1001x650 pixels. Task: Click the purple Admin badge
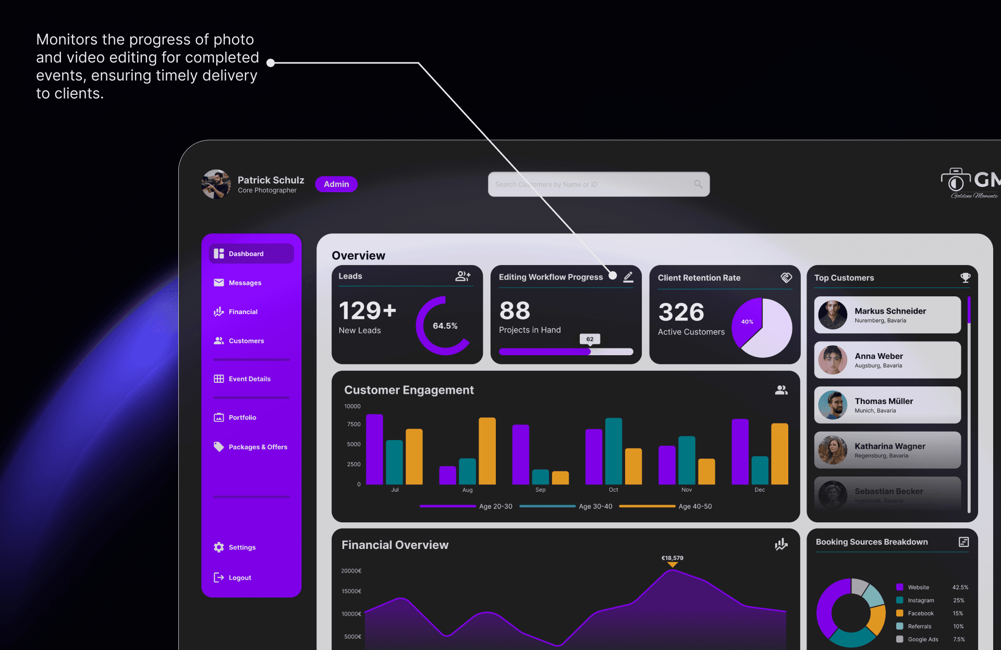pos(336,184)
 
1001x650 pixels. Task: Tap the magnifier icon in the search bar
pos(698,184)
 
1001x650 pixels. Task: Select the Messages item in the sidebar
pos(245,283)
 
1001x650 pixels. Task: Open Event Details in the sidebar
pos(249,379)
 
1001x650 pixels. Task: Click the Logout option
pos(239,578)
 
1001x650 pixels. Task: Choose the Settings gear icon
pos(219,547)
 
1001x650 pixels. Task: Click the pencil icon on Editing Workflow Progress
pos(628,277)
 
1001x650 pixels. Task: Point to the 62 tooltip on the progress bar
pos(590,339)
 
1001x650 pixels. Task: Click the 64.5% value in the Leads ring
pos(445,326)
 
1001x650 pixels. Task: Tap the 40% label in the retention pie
pos(747,322)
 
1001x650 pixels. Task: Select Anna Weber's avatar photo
pos(833,360)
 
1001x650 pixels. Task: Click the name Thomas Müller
pos(884,401)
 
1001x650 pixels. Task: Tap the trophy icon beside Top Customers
pos(966,278)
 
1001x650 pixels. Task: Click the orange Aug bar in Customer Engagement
pos(487,451)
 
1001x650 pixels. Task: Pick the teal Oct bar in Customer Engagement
pos(614,451)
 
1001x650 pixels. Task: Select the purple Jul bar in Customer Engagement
pos(374,449)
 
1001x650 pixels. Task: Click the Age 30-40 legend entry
pos(595,506)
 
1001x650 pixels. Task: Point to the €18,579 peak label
pos(673,558)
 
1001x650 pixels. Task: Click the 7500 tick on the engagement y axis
pos(353,424)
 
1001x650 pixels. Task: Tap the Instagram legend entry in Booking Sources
pos(921,601)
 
